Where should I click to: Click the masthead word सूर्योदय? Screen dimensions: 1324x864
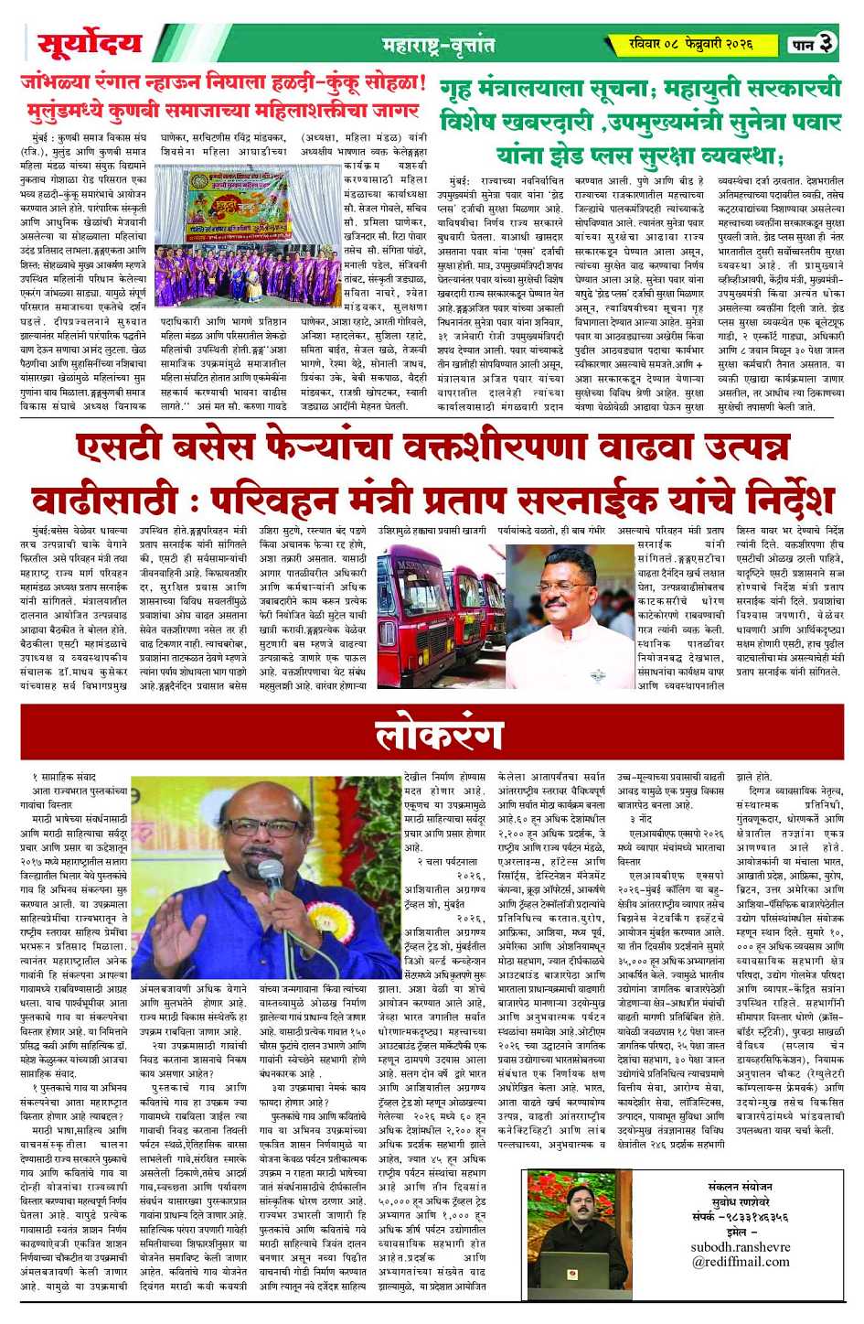[90, 43]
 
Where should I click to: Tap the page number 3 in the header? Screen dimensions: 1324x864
[826, 43]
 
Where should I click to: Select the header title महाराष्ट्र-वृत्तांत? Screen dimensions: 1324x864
[438, 44]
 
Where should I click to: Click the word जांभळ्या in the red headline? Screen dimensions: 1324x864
[60, 83]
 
